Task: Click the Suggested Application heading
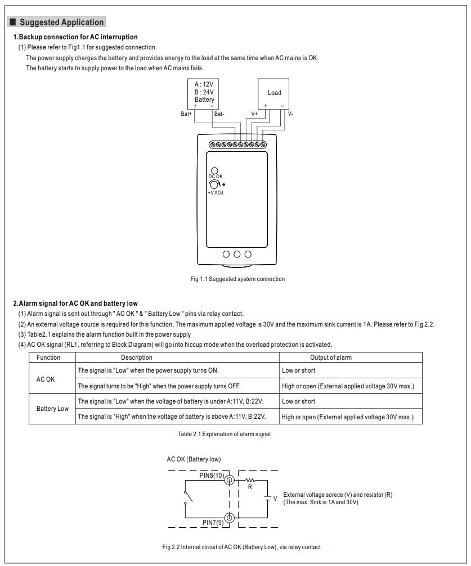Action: click(61, 22)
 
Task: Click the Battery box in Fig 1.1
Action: click(204, 92)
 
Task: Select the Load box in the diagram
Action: click(274, 93)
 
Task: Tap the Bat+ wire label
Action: click(186, 114)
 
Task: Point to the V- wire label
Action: click(290, 114)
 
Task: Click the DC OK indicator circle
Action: click(214, 171)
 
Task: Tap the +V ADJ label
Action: click(216, 193)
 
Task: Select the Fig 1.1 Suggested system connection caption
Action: click(237, 279)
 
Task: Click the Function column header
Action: click(48, 357)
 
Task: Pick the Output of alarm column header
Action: click(331, 357)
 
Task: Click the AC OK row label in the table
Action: click(46, 379)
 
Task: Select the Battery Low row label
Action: click(52, 409)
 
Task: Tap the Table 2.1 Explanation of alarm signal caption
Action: click(224, 434)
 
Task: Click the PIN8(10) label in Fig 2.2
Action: click(212, 475)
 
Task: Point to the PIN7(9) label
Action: click(213, 522)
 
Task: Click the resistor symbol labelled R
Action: click(250, 481)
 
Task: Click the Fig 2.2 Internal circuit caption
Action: click(241, 547)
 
